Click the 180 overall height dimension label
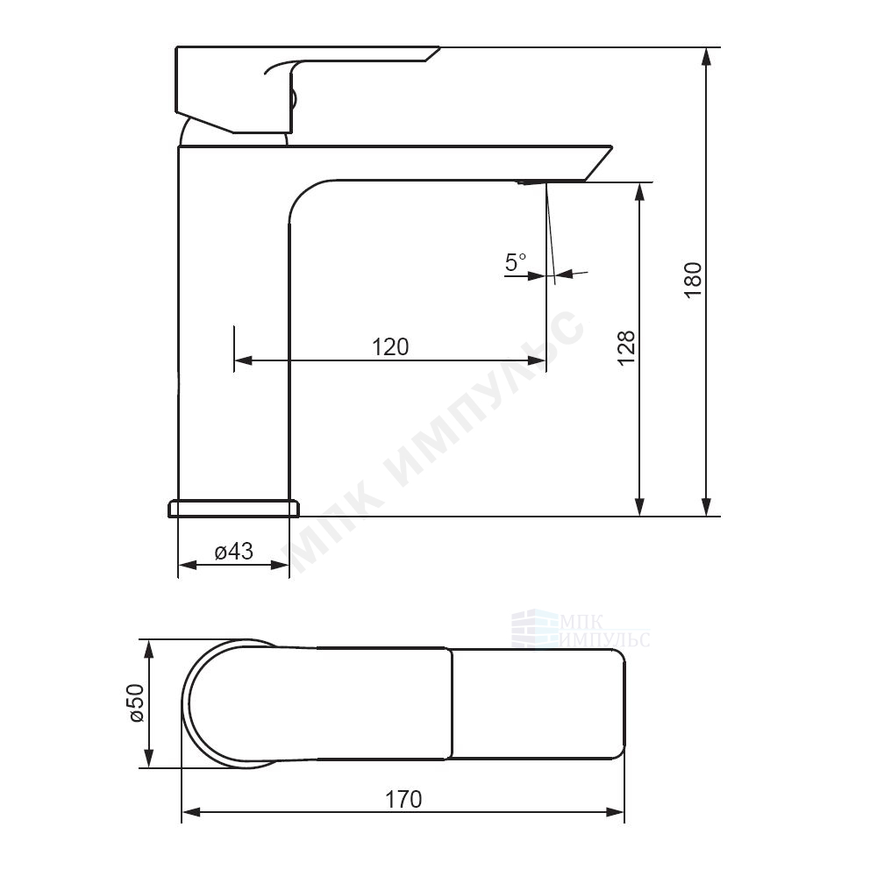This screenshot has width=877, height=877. pos(693,280)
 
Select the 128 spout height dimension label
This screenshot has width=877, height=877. pos(626,347)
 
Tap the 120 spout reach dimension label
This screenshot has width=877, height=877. pos(390,347)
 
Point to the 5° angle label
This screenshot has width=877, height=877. pos(515,261)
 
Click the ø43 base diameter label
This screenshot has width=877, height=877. pos(234,552)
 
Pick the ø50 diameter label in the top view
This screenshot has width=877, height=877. pos(137,703)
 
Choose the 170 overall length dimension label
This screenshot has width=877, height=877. pos(403,799)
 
